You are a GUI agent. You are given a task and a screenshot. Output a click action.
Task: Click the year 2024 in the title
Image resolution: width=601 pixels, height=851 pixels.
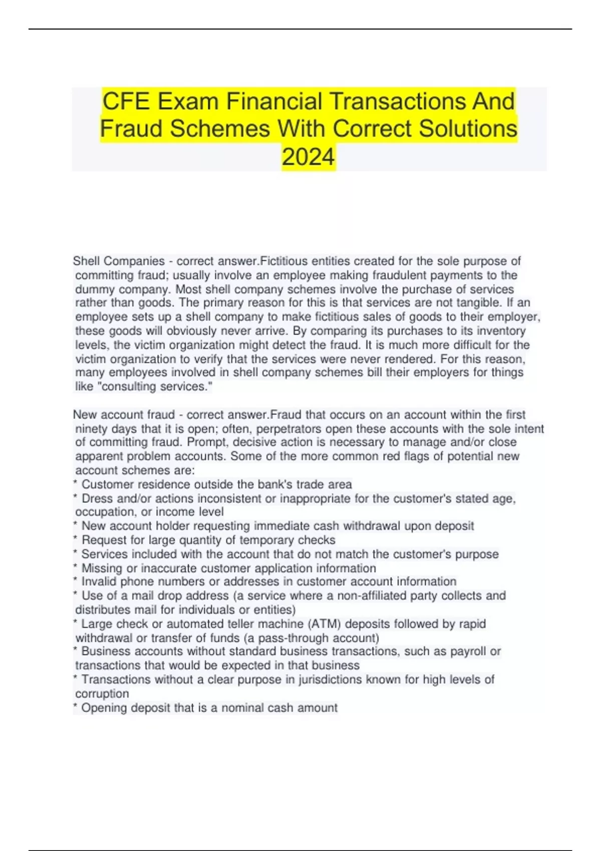point(308,157)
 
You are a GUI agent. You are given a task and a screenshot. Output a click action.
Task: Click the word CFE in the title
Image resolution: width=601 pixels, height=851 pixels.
point(126,102)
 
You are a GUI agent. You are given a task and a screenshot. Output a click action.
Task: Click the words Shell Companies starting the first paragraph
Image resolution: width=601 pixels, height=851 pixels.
point(119,261)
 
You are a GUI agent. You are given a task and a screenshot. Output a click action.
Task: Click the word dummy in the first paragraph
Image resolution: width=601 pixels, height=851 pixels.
point(91,289)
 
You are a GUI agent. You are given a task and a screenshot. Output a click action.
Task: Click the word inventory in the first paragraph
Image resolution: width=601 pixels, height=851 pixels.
point(501,331)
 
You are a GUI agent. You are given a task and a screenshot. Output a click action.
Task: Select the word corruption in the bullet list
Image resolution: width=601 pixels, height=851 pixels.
point(102,694)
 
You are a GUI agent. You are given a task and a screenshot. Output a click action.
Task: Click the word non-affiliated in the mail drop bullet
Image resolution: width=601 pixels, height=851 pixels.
point(375,596)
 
